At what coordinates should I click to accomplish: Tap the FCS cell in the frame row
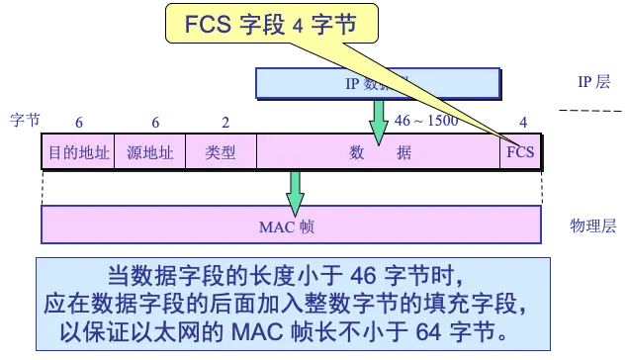(519, 154)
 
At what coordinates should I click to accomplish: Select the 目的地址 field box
(77, 154)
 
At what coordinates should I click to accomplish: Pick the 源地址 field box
(150, 154)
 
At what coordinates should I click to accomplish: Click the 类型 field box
(221, 154)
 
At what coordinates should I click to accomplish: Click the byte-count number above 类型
(225, 123)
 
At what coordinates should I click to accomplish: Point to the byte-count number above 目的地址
(79, 123)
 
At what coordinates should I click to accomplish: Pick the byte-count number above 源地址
(154, 123)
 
